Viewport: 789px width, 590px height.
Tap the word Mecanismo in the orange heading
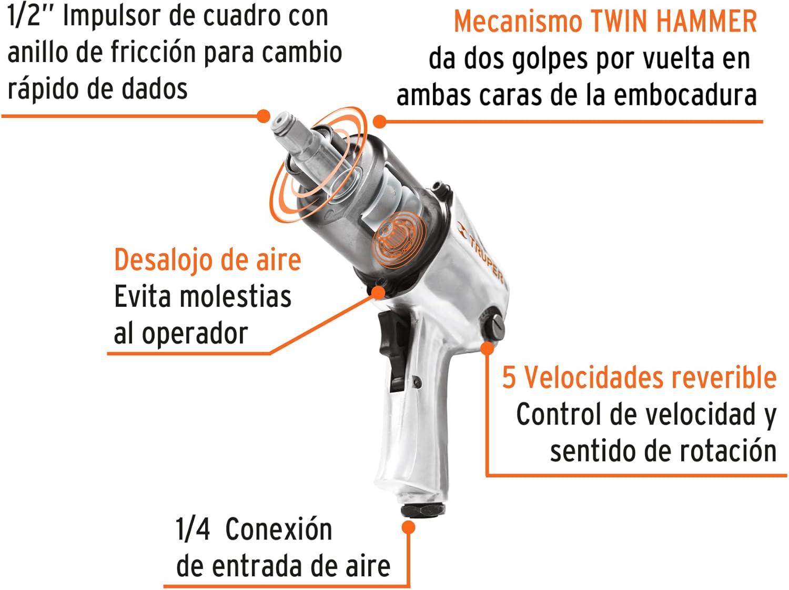coord(518,22)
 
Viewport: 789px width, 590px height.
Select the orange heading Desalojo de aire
coord(207,261)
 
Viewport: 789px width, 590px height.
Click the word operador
coord(195,334)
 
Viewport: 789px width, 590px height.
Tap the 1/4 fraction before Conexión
coord(193,529)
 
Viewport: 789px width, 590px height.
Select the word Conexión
coord(279,529)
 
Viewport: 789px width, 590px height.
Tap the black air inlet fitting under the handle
coord(423,510)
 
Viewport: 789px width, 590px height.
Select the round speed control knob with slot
coord(494,327)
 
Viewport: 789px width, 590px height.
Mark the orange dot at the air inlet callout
coord(408,527)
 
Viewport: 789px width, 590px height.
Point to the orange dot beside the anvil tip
coord(264,116)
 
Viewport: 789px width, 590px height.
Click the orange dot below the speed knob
coord(488,348)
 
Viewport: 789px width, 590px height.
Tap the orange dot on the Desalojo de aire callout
coord(378,292)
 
